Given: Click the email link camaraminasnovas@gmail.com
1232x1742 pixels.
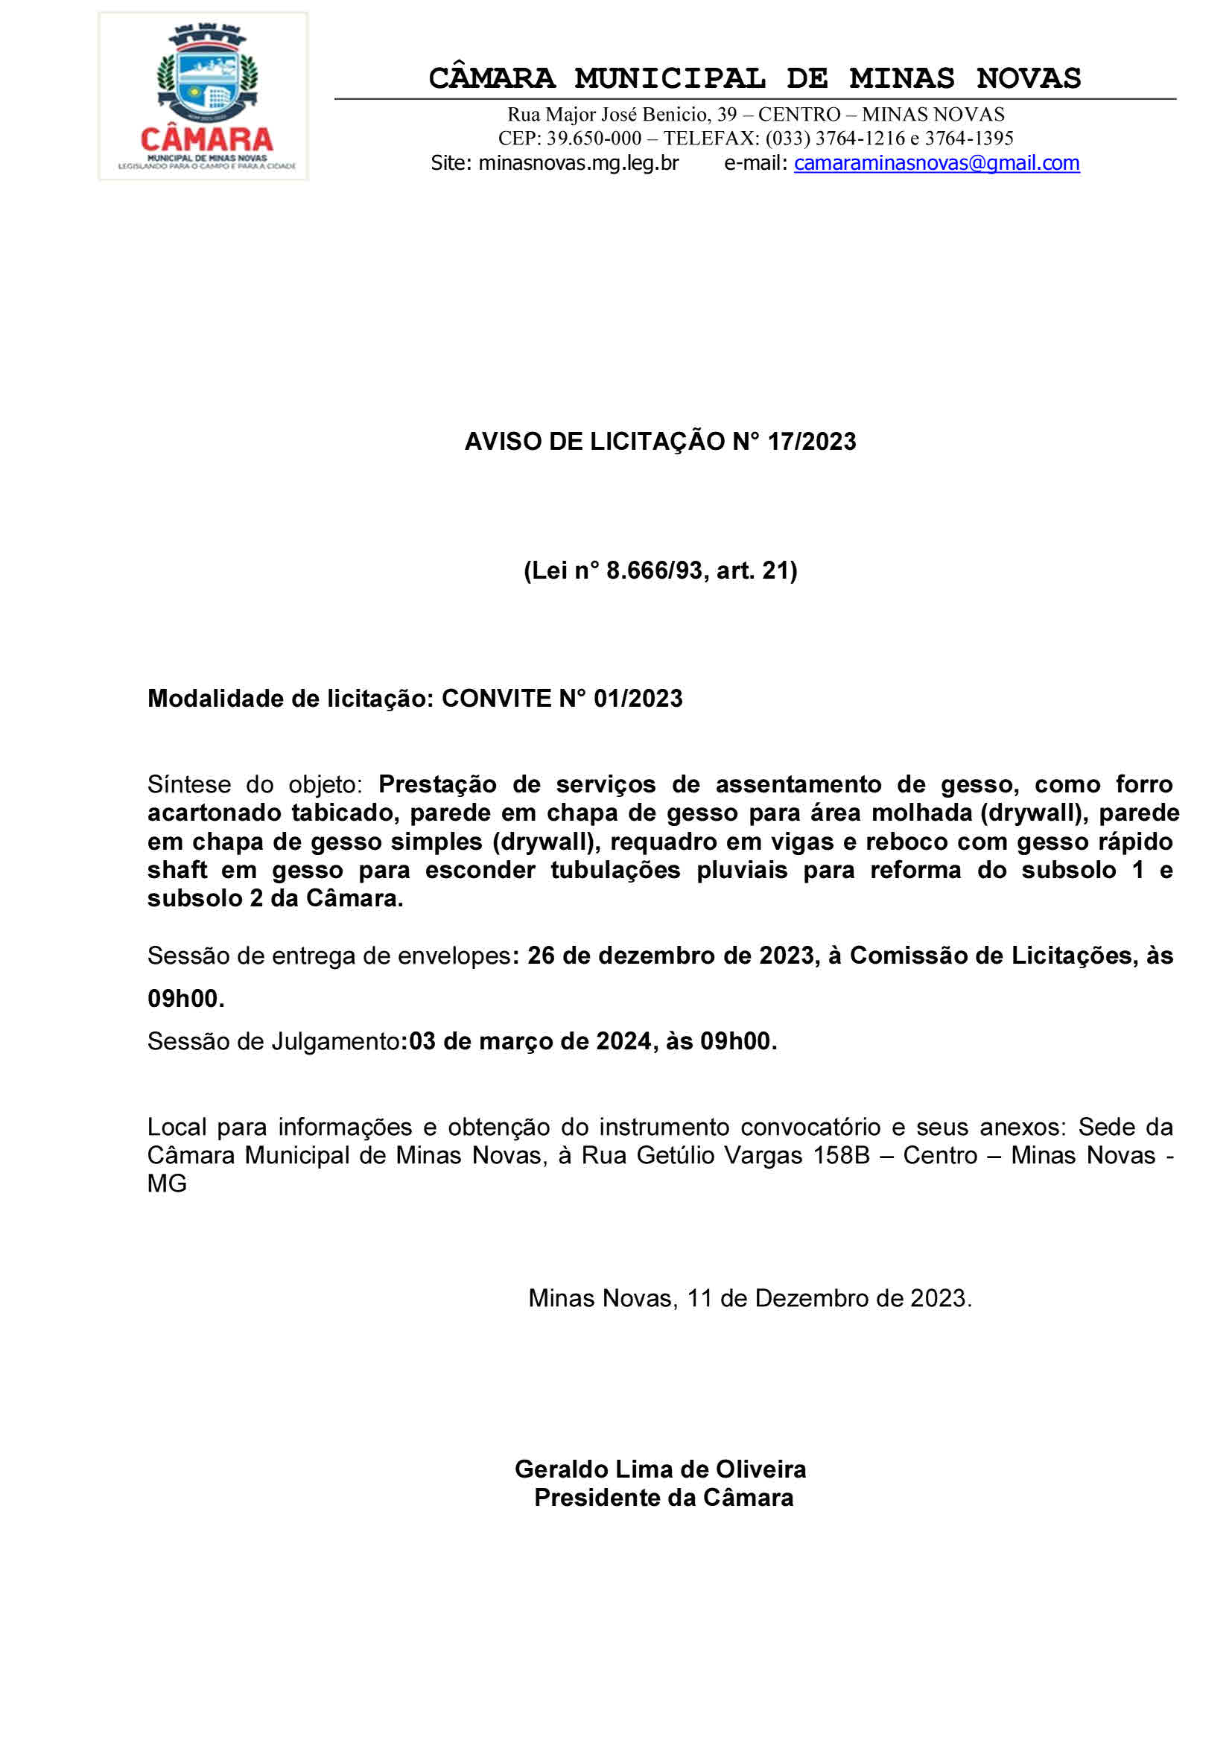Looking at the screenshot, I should pyautogui.click(x=936, y=163).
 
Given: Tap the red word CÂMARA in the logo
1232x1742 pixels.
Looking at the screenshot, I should pyautogui.click(x=207, y=139).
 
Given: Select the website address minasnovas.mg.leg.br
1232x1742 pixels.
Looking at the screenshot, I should pyautogui.click(x=578, y=163).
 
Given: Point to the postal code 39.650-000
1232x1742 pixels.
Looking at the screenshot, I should pyautogui.click(x=594, y=138).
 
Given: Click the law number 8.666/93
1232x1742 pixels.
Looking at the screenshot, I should pyautogui.click(x=655, y=570).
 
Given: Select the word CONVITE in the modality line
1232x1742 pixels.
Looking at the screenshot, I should pyautogui.click(x=496, y=699).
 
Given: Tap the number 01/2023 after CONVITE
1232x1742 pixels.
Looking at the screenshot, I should pyautogui.click(x=638, y=699).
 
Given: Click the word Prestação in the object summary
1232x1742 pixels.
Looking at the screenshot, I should pyautogui.click(x=438, y=784).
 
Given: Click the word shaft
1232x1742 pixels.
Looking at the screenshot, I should pyautogui.click(x=177, y=870).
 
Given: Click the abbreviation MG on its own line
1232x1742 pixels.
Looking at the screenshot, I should pyautogui.click(x=167, y=1183).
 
